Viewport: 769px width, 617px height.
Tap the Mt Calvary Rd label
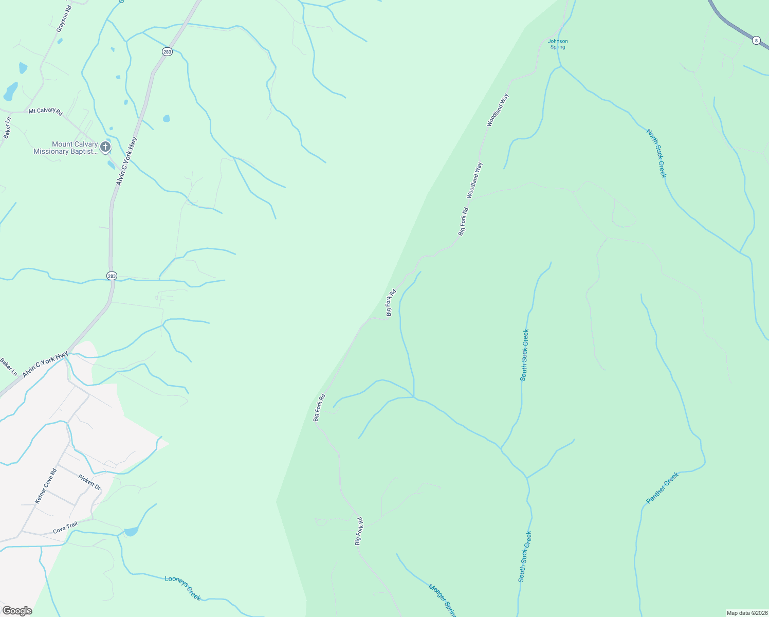(45, 111)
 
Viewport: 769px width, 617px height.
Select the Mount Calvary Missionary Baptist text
(65, 148)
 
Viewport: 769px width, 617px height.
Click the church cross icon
(105, 148)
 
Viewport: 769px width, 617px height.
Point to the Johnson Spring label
(558, 44)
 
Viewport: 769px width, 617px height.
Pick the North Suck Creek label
(656, 153)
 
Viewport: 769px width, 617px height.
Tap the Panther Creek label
(663, 488)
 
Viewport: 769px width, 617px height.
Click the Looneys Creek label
(182, 587)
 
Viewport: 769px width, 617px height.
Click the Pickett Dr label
(89, 482)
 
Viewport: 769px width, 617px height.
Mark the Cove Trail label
(65, 527)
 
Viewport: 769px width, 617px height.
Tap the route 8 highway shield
(756, 40)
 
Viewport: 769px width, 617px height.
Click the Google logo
(17, 611)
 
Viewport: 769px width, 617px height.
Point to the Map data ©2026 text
(746, 613)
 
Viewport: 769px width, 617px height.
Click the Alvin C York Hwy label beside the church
(126, 161)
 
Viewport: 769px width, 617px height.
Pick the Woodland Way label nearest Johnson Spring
(498, 110)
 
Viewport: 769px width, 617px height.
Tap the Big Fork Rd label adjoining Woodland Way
(464, 222)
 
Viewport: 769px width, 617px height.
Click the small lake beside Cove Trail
(131, 532)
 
